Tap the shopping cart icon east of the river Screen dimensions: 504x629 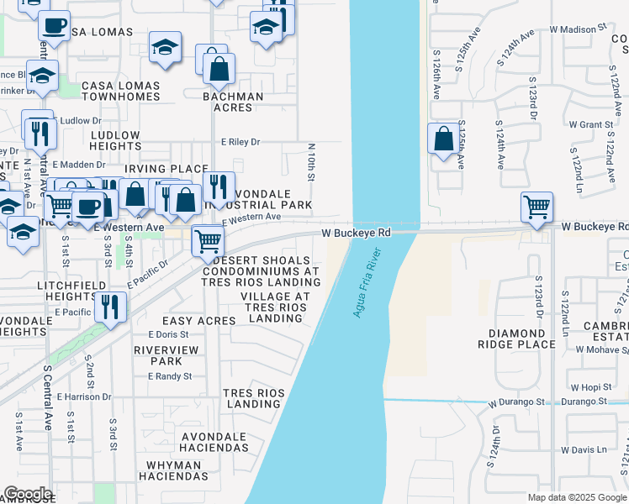coord(536,206)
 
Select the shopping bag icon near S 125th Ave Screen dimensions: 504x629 coord(443,139)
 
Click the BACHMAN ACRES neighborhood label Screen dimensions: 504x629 coord(233,102)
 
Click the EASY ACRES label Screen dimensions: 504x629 coord(198,321)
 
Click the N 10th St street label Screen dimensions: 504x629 coord(310,163)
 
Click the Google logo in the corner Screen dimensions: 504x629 coord(27,494)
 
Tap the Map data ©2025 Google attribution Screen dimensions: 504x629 coord(576,497)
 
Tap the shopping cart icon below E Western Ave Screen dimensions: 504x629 coord(207,242)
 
